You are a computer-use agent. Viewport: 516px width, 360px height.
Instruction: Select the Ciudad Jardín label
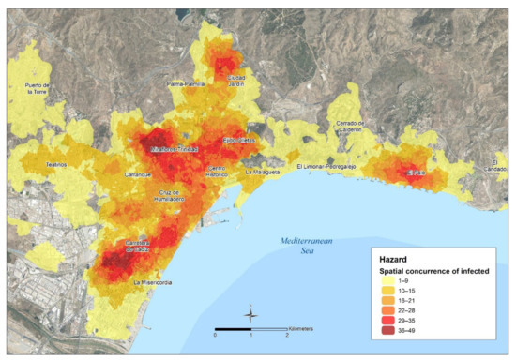235,81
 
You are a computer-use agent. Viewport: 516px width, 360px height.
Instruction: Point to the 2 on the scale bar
287,336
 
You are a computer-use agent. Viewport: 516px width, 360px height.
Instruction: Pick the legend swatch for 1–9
385,279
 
